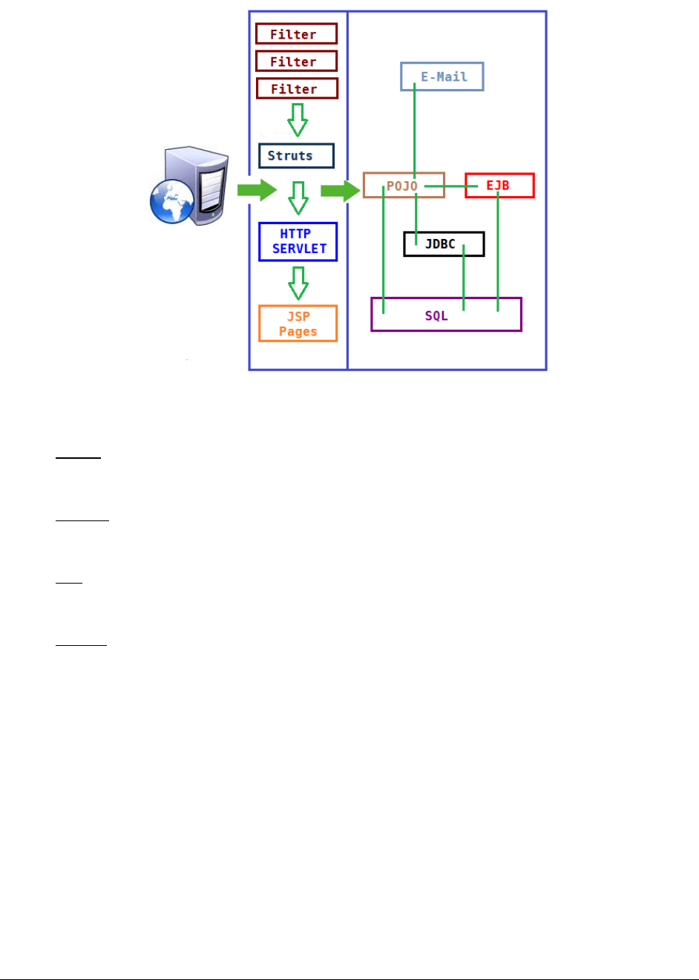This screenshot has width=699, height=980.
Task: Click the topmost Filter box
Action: click(296, 33)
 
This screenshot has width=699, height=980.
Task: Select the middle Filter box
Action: click(296, 61)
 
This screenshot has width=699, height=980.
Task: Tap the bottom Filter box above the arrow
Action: click(297, 88)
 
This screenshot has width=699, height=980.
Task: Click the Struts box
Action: click(296, 156)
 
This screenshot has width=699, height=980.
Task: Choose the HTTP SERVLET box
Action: click(298, 241)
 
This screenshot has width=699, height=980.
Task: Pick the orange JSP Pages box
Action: click(298, 324)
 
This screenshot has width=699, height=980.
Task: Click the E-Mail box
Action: click(442, 76)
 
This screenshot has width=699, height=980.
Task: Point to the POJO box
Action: click(403, 186)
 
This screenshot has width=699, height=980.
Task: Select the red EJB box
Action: click(499, 186)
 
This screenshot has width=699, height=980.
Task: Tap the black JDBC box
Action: click(444, 244)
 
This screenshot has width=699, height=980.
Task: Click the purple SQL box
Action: click(446, 315)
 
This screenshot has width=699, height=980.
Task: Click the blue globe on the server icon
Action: click(171, 200)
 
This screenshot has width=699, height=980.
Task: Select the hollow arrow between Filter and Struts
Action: click(298, 120)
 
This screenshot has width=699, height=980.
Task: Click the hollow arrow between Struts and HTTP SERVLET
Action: click(298, 197)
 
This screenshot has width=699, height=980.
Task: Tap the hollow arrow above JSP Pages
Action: click(298, 283)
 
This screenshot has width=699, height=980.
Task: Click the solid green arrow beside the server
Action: click(257, 189)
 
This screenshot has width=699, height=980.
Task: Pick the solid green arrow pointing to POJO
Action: click(340, 191)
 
